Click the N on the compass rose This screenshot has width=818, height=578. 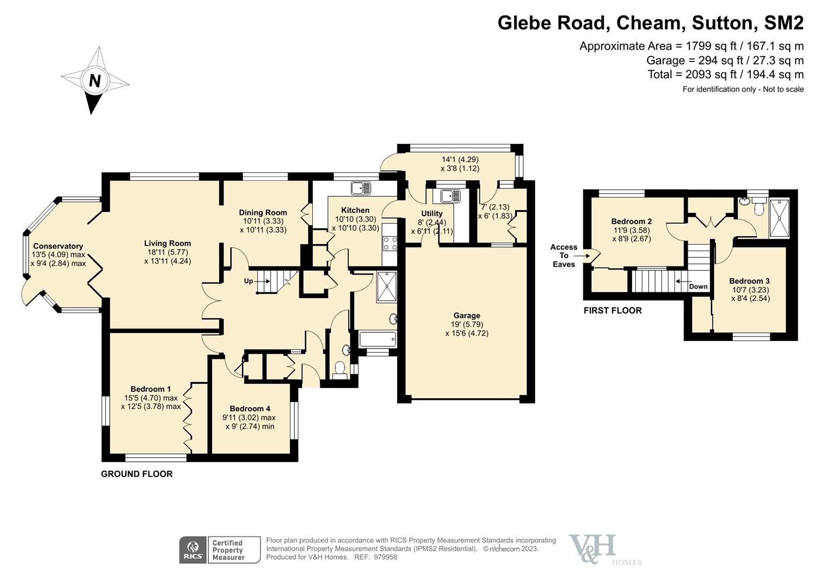click(95, 81)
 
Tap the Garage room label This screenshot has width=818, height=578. click(467, 316)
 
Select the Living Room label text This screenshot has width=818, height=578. click(167, 243)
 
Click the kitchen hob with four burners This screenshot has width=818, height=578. click(390, 244)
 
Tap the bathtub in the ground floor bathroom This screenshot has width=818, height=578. click(378, 339)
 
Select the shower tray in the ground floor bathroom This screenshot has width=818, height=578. click(387, 287)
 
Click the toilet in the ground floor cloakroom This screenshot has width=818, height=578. click(340, 369)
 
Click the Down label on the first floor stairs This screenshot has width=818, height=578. click(698, 286)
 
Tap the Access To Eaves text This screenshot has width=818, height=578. click(564, 255)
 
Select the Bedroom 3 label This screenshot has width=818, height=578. click(749, 281)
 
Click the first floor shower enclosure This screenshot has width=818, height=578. click(779, 217)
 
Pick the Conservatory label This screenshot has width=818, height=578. click(58, 246)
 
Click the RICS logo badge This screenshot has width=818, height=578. click(192, 550)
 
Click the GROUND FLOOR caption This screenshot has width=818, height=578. click(137, 474)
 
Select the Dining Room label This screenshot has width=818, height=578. click(263, 212)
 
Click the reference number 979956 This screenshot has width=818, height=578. click(385, 557)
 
